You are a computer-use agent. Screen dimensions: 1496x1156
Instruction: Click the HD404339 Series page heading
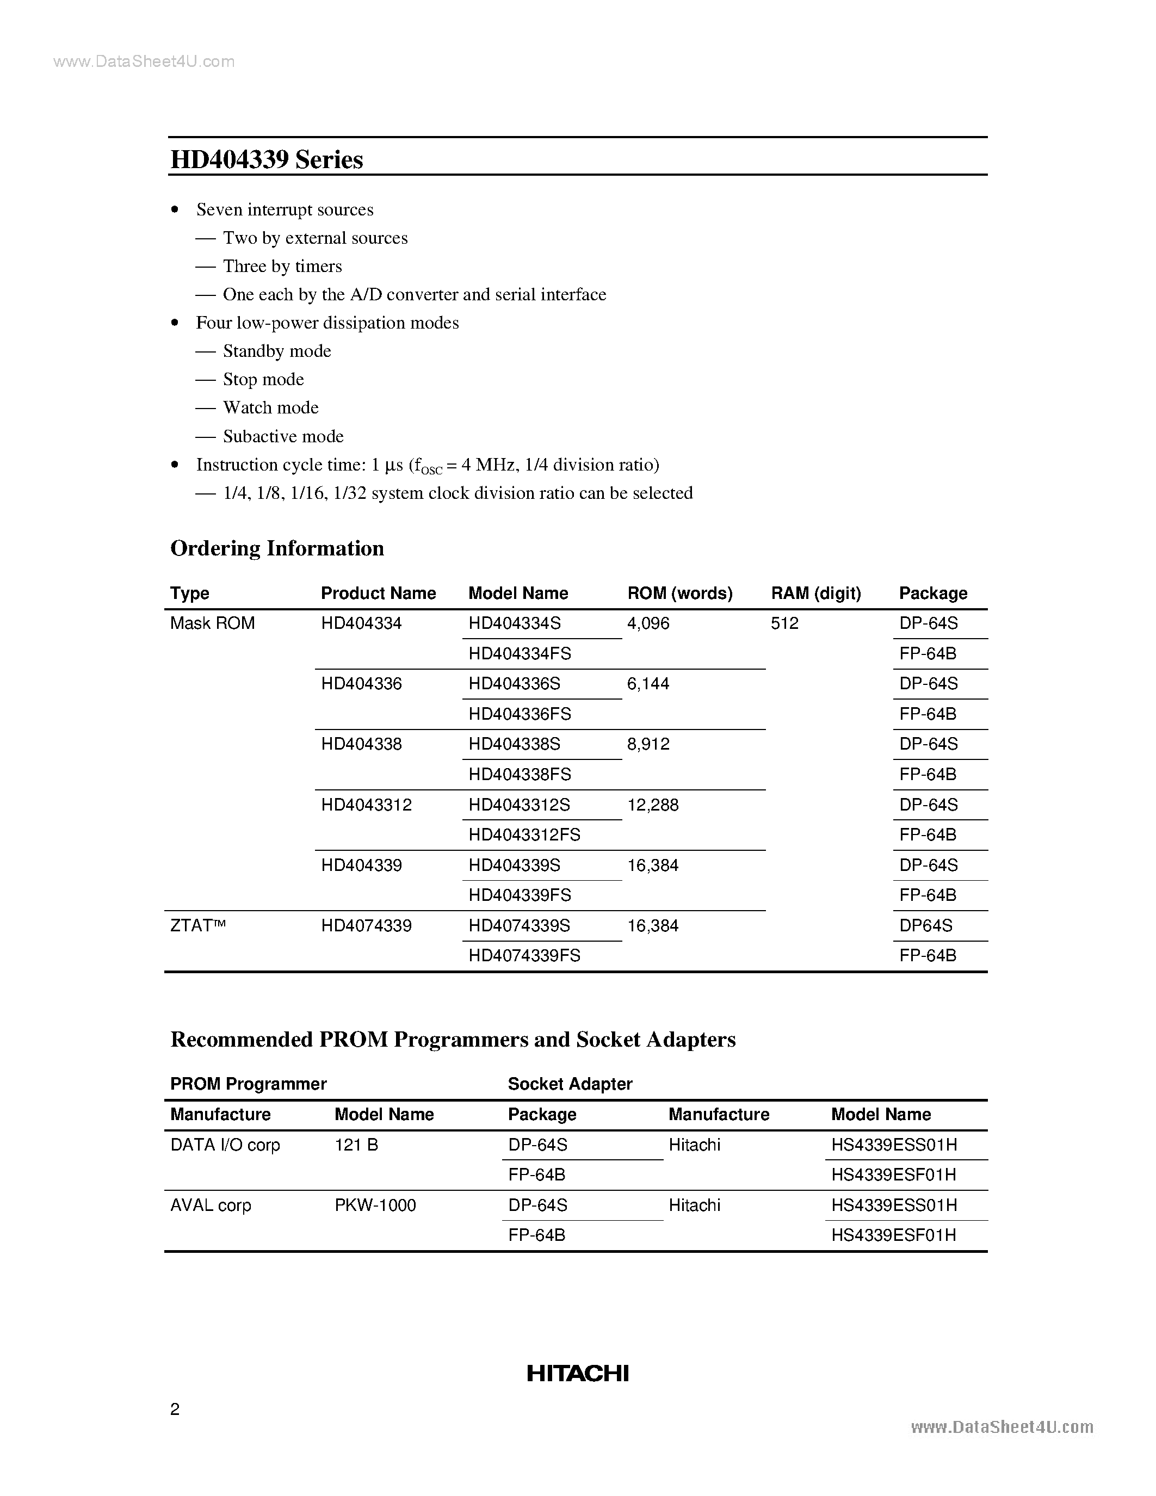(x=267, y=159)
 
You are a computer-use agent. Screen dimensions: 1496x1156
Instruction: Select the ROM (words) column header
(x=679, y=593)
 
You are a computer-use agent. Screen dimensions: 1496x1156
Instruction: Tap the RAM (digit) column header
(x=815, y=593)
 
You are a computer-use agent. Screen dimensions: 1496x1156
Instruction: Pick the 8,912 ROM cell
(x=648, y=744)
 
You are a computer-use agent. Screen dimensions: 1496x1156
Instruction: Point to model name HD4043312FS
(x=524, y=835)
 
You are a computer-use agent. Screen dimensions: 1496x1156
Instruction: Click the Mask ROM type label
(x=212, y=623)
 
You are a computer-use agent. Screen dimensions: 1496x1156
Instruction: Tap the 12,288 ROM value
(x=653, y=805)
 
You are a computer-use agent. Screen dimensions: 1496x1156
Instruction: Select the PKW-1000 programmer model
(x=375, y=1205)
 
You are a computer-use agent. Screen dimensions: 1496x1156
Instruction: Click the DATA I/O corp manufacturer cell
(x=225, y=1145)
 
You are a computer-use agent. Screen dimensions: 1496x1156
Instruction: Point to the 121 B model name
(x=356, y=1145)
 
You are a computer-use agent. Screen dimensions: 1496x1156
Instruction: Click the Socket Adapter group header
(x=570, y=1084)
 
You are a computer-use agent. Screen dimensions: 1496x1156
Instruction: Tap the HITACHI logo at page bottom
(x=577, y=1374)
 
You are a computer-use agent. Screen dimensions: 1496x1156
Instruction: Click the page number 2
(x=175, y=1409)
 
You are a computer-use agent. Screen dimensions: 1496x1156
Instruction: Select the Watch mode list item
(x=270, y=407)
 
